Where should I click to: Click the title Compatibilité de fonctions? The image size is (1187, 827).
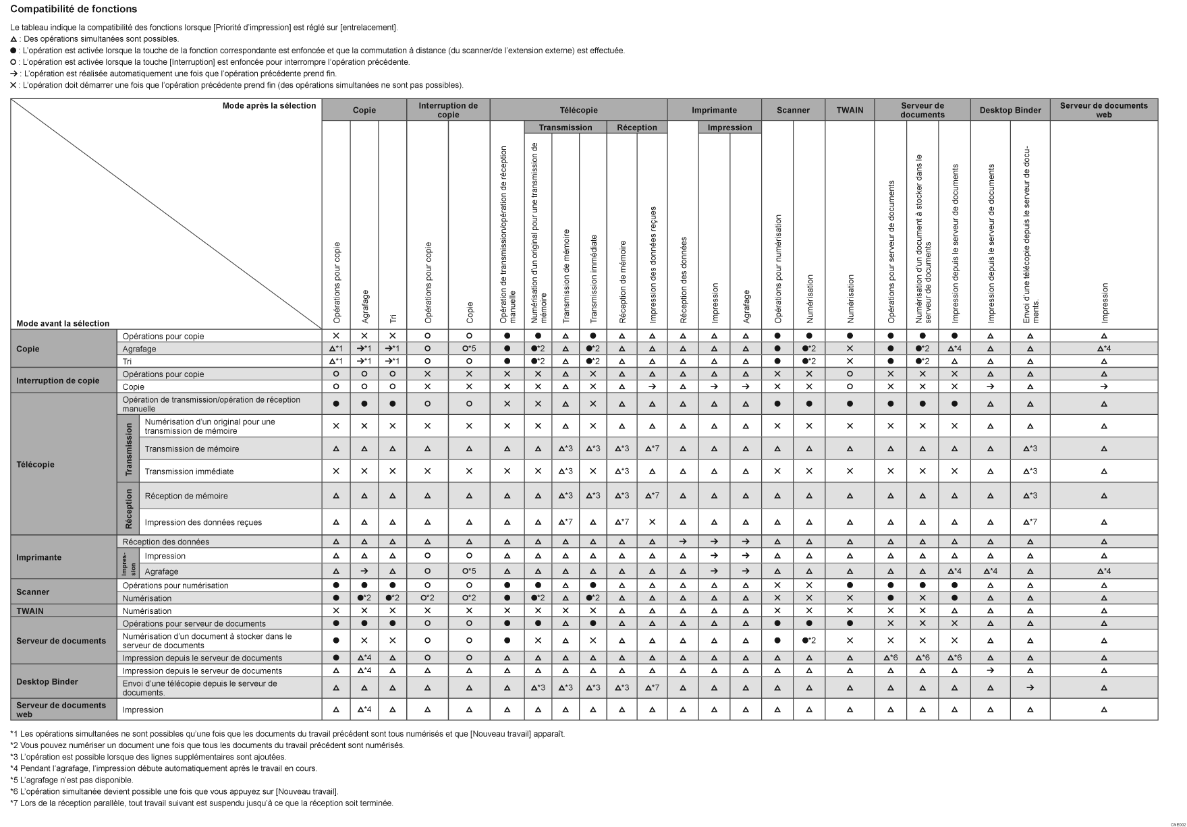(74, 9)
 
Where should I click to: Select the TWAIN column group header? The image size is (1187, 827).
(850, 110)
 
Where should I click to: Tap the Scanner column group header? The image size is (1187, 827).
(793, 110)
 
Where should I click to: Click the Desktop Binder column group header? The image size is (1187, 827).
(1010, 110)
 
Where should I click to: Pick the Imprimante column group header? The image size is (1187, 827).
(714, 110)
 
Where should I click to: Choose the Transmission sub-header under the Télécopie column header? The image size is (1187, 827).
(565, 127)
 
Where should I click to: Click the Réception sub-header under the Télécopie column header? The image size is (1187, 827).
(636, 127)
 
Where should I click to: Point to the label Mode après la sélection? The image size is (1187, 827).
(269, 106)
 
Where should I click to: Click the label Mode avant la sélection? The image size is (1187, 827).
(63, 324)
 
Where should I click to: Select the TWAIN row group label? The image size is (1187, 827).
(30, 611)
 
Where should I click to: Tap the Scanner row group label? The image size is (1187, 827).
(32, 592)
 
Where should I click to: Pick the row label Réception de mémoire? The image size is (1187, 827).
(186, 496)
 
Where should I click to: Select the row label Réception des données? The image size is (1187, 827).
(166, 542)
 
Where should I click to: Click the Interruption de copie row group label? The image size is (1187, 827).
(57, 380)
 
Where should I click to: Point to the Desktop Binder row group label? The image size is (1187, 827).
(47, 682)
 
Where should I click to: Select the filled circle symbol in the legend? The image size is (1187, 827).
(13, 51)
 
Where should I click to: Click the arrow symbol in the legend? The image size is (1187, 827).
(13, 74)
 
